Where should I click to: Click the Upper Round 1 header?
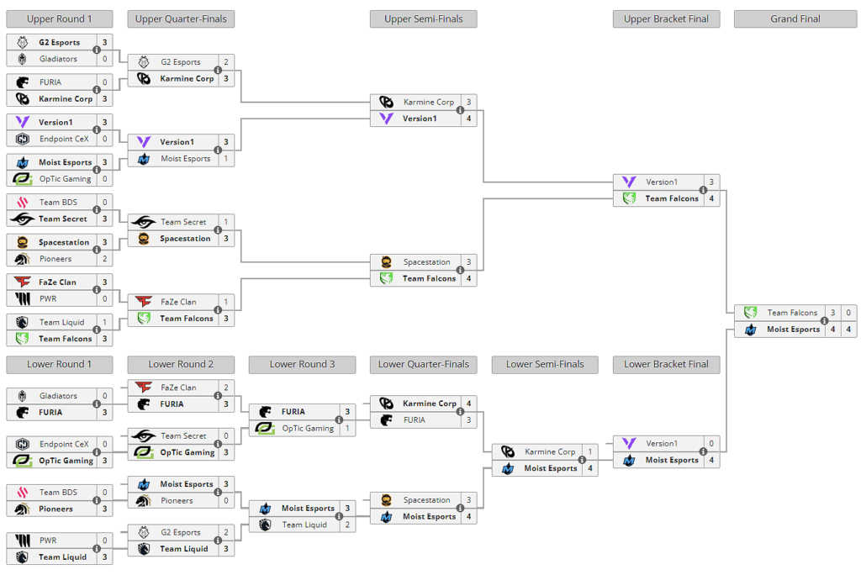[59, 18]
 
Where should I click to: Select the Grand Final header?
[795, 18]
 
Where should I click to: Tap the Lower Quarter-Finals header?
[423, 364]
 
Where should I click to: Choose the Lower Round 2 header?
[181, 364]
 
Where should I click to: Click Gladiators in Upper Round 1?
[58, 59]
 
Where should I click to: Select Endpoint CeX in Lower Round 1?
[63, 444]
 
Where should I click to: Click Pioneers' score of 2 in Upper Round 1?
[105, 259]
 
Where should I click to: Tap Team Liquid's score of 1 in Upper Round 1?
[105, 322]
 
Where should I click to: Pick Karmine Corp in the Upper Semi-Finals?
[428, 102]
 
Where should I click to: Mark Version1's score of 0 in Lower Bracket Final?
[710, 443]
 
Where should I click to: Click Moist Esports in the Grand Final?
[792, 330]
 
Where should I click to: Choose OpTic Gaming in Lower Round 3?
[307, 428]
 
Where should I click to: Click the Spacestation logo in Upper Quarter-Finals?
[144, 239]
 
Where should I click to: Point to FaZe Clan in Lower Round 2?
[178, 388]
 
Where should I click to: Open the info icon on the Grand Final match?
[824, 321]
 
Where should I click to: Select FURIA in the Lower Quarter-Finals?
[414, 419]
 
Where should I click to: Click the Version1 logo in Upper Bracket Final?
[629, 182]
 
